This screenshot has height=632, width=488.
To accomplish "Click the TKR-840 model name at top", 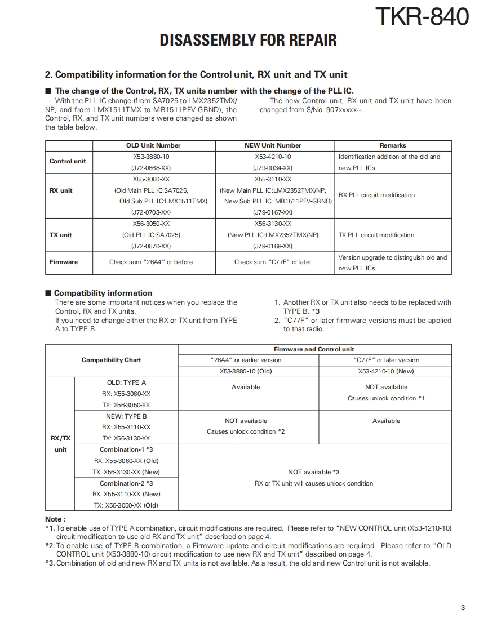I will [x=422, y=16].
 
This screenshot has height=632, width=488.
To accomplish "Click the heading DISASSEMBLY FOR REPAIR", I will [x=249, y=41].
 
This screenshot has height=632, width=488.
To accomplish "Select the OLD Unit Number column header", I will [x=153, y=145].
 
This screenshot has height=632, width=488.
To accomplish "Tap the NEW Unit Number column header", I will [x=273, y=145].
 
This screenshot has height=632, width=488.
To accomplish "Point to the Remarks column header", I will [x=393, y=145].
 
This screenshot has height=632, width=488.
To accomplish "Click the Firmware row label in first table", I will [x=64, y=262].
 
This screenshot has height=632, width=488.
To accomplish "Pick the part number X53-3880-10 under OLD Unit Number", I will [x=151, y=157].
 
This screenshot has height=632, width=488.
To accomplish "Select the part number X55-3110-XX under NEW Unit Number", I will [x=273, y=179].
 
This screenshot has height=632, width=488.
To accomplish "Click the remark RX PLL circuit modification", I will [x=376, y=195].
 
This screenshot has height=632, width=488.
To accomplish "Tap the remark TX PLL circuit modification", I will [x=376, y=235].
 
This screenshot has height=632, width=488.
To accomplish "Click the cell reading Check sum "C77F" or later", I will [x=273, y=262].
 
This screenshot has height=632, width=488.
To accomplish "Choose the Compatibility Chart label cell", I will [x=111, y=360].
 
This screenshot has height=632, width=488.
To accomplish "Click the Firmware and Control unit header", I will [x=314, y=349].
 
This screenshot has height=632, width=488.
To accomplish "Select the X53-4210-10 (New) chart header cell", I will [x=386, y=371].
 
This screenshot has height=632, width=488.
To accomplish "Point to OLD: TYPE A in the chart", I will [x=126, y=382].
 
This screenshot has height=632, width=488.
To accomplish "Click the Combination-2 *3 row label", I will [x=126, y=483].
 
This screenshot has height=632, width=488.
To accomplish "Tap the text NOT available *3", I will [x=314, y=472].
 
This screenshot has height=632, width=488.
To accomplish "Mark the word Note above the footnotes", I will [x=55, y=519].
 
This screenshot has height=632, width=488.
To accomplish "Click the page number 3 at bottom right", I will [x=463, y=607].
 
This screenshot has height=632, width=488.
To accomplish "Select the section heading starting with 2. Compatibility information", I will [x=196, y=74].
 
